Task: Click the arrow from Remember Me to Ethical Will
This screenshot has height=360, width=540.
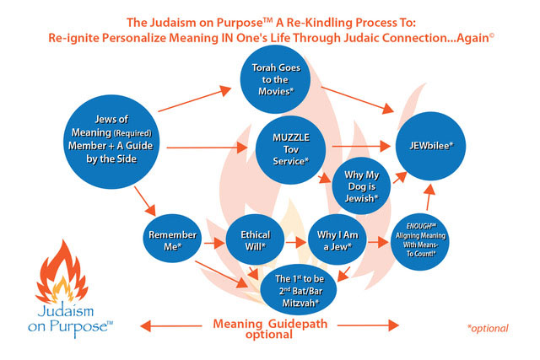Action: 213,242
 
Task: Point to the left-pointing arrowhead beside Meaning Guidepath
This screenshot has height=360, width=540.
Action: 144,324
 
